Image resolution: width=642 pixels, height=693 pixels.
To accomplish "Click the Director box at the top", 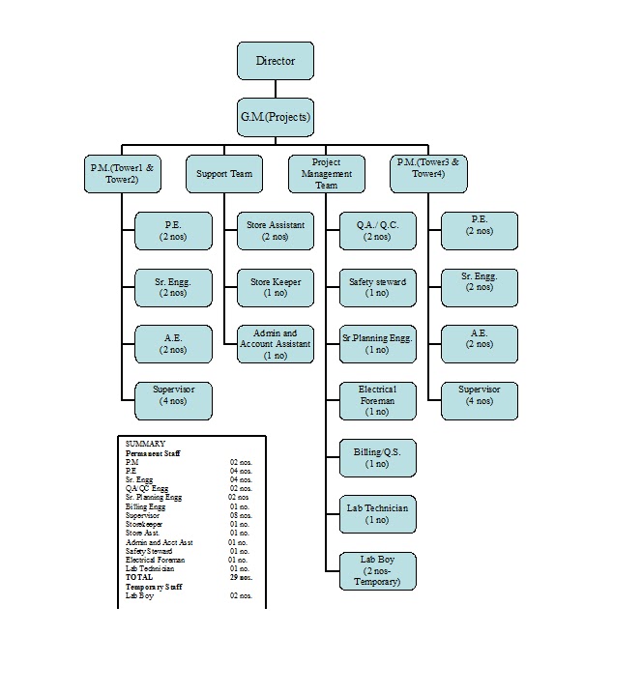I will click(x=276, y=61).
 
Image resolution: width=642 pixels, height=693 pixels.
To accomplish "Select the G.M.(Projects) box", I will click(x=276, y=117).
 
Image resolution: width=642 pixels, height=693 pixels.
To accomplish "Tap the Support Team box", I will click(x=224, y=174).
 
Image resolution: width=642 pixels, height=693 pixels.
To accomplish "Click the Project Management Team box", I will click(x=327, y=174).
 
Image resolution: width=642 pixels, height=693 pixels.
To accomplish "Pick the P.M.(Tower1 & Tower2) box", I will click(x=122, y=174).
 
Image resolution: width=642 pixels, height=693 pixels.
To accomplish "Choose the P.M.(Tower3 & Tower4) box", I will click(x=428, y=174).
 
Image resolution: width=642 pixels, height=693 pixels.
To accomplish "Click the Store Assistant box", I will click(x=276, y=231).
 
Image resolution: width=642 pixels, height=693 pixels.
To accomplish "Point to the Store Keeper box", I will click(x=276, y=287).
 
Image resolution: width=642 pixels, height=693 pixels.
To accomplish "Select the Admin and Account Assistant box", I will click(x=276, y=344).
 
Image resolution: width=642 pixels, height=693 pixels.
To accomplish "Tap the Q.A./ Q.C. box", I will click(x=377, y=231).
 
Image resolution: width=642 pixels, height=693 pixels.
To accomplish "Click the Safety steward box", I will click(x=377, y=287).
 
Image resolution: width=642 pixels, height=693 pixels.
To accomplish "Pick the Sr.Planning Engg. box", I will click(x=377, y=344).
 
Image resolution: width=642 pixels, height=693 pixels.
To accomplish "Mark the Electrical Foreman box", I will click(x=377, y=401).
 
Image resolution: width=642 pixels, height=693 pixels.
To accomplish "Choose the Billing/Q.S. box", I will click(x=377, y=457).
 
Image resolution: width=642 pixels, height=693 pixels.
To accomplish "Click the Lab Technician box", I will click(x=377, y=514).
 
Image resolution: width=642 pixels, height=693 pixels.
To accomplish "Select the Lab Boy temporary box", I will click(x=377, y=571).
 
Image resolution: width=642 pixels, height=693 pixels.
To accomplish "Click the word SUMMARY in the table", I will click(x=145, y=444).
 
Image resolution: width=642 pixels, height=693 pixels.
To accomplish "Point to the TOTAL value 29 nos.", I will click(x=240, y=577).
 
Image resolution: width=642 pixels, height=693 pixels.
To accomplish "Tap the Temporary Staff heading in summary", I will click(x=155, y=587).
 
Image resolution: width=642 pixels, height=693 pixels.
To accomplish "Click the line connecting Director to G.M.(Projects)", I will click(x=276, y=89).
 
